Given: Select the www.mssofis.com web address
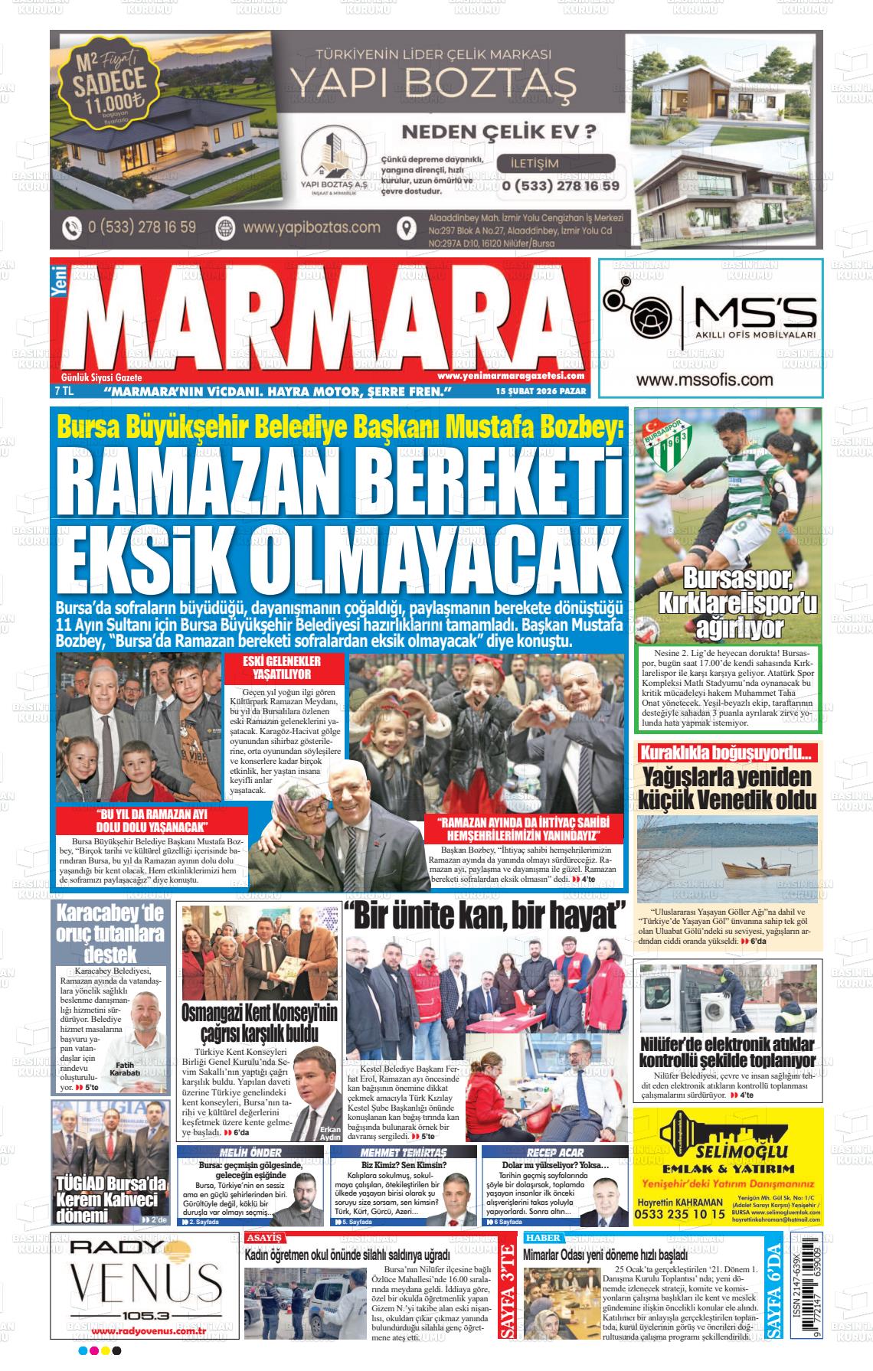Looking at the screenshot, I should point(704,380).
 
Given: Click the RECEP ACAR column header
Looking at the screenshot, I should point(554,1153).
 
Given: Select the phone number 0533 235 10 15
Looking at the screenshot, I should point(680,1215).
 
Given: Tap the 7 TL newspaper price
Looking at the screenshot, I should point(64,392).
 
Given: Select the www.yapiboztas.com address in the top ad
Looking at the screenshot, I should point(311,227).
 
